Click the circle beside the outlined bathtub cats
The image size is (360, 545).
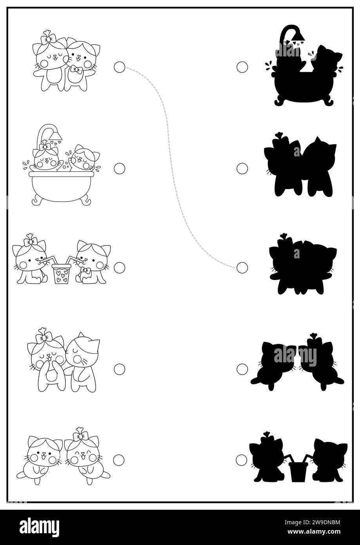point(119,169)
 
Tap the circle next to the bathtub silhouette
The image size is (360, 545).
point(242,67)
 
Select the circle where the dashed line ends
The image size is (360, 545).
point(242,268)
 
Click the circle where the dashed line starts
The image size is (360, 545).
point(119,67)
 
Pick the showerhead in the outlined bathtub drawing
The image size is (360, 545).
point(56,135)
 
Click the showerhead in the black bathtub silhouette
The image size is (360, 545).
point(298,36)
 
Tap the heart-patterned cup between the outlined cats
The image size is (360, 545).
point(62,274)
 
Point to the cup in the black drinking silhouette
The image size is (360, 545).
point(298,471)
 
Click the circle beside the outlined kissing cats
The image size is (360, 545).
point(119,369)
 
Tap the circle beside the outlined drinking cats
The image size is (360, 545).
point(119,268)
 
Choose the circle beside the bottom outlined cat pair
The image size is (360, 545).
point(119,460)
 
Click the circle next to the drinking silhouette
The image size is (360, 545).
point(241,460)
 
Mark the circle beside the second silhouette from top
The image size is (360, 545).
point(242,169)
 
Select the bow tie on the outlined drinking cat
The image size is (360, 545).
point(85,270)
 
